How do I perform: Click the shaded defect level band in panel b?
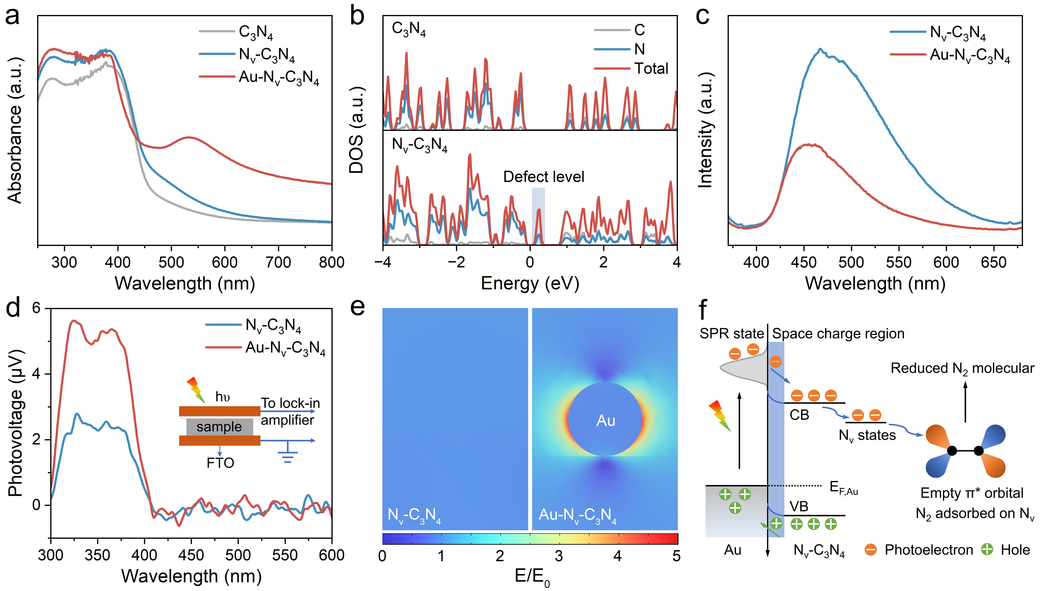[x=538, y=215]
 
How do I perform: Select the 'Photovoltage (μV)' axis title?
[x=15, y=422]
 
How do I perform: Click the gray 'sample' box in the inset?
[x=219, y=427]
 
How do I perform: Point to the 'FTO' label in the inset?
[x=220, y=463]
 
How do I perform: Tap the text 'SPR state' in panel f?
[x=731, y=334]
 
